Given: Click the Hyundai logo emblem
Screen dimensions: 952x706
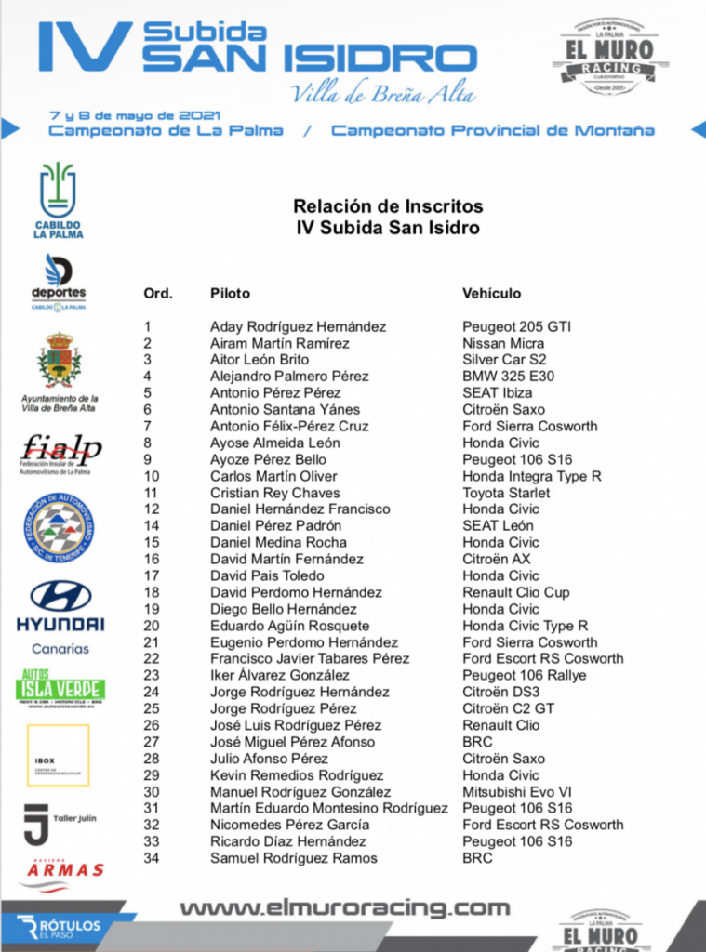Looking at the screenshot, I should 60,596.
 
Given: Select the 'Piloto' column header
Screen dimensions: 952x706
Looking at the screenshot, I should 230,294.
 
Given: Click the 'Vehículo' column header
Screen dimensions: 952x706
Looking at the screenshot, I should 491,294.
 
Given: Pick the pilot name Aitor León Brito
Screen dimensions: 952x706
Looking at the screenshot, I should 260,360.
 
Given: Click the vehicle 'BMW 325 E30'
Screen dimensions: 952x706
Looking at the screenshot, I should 507,377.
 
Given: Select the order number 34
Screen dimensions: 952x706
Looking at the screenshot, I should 152,858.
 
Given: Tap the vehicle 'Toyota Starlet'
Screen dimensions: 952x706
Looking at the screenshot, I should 506,493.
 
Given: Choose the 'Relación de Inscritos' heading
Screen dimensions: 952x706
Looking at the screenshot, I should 388,206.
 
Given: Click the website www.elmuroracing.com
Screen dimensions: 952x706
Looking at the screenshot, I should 344,908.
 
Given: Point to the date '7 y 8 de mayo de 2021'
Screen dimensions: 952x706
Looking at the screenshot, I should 134,115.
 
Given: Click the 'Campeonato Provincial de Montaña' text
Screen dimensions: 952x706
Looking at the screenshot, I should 492,131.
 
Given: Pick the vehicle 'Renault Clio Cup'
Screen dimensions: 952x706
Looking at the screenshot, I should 516,592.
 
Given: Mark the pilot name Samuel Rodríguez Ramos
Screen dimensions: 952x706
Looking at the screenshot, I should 294,858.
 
